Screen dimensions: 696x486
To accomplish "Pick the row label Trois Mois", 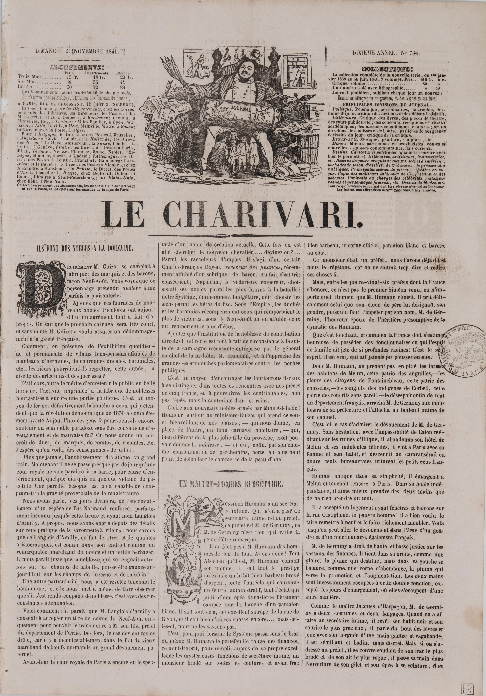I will click(x=30, y=77).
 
